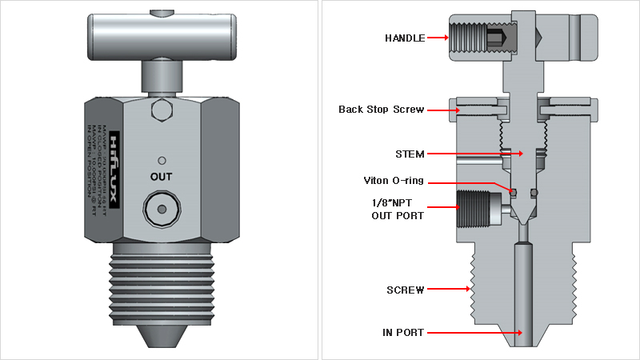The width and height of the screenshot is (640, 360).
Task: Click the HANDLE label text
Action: (x=405, y=38)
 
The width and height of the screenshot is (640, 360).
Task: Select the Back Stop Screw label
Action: (x=381, y=110)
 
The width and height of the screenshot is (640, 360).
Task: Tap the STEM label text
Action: (x=410, y=154)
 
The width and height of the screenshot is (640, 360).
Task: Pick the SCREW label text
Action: (x=405, y=290)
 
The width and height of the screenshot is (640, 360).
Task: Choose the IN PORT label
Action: (x=404, y=332)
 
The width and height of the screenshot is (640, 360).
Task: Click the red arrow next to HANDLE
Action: (x=438, y=38)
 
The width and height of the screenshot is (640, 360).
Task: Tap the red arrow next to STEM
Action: (x=474, y=154)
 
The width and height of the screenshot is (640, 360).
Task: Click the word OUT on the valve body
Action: (x=161, y=176)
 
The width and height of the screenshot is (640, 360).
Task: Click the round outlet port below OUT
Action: (x=161, y=209)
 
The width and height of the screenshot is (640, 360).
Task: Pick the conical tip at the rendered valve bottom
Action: (x=161, y=333)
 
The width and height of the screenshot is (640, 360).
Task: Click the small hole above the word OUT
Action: (x=161, y=158)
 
